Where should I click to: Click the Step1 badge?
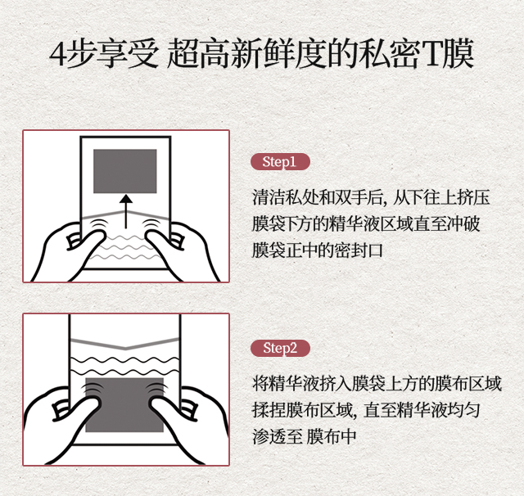pyautogui.click(x=280, y=162)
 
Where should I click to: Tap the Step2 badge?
pyautogui.click(x=280, y=348)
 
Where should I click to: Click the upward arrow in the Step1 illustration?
pyautogui.click(x=125, y=212)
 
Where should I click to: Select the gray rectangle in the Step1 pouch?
pyautogui.click(x=125, y=171)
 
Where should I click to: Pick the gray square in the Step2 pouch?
pyautogui.click(x=124, y=405)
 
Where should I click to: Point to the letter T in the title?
pyautogui.click(x=431, y=54)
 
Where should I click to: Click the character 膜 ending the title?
pyautogui.click(x=458, y=53)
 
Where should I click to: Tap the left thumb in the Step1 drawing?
pyautogui.click(x=90, y=242)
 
